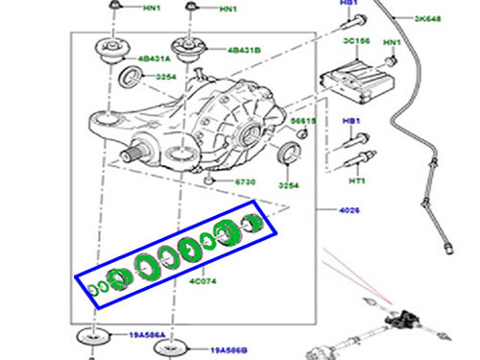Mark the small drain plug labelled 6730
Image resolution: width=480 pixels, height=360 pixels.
209,179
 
